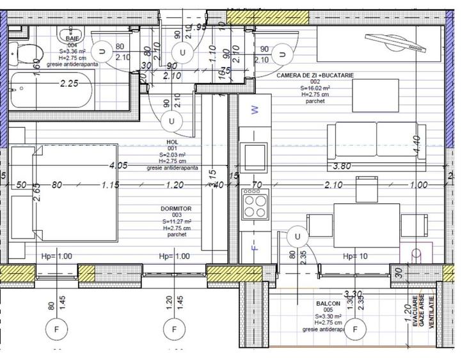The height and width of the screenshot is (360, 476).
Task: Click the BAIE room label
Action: (72, 39)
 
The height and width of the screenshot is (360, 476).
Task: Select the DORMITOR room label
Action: (175, 209)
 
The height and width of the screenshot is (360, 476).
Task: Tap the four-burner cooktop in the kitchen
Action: (255, 205)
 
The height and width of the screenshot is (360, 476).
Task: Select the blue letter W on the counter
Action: (254, 110)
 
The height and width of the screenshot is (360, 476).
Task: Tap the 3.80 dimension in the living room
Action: (344, 166)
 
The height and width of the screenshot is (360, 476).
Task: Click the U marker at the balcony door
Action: (297, 237)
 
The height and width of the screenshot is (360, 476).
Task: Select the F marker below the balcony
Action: (356, 329)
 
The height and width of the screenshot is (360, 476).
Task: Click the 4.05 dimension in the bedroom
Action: (119, 165)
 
